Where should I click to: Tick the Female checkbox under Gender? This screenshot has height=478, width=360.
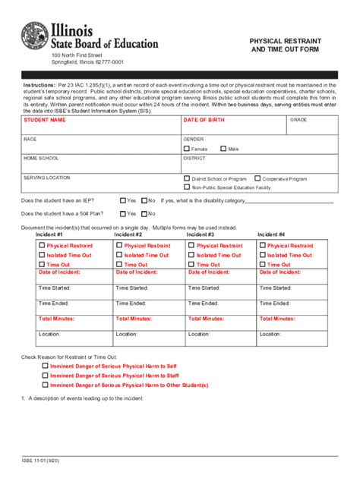pyautogui.click(x=187, y=149)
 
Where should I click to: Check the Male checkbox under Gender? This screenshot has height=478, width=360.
pyautogui.click(x=223, y=149)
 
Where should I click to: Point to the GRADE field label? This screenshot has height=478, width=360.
pyautogui.click(x=298, y=121)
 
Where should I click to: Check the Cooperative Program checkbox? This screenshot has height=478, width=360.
pyautogui.click(x=257, y=178)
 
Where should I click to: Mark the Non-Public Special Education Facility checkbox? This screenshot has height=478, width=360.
pyautogui.click(x=187, y=187)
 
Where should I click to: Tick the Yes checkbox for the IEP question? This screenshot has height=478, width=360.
pyautogui.click(x=122, y=201)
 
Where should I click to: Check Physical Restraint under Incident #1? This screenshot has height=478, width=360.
pyautogui.click(x=42, y=246)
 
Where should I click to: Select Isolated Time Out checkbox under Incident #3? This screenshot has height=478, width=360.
pyautogui.click(x=192, y=255)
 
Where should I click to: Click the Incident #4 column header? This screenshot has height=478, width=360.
pyautogui.click(x=271, y=235)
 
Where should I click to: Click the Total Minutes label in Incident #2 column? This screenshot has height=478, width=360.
pyautogui.click(x=134, y=318)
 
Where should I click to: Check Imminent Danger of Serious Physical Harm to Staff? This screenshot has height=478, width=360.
pyautogui.click(x=45, y=375)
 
